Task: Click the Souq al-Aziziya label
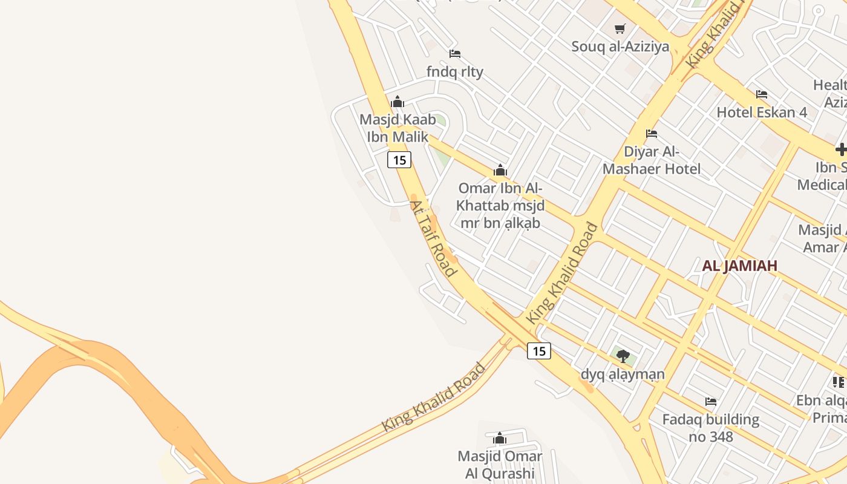pyautogui.click(x=620, y=47)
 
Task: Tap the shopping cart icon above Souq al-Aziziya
pyautogui.click(x=620, y=28)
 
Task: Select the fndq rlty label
pyautogui.click(x=455, y=71)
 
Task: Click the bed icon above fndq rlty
pyautogui.click(x=455, y=54)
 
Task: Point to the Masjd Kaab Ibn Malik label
pyautogui.click(x=397, y=128)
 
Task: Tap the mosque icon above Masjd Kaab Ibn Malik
pyautogui.click(x=397, y=102)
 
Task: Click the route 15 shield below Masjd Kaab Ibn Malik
pyautogui.click(x=399, y=160)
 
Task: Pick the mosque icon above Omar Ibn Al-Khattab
pyautogui.click(x=500, y=171)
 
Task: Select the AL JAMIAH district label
pyautogui.click(x=739, y=266)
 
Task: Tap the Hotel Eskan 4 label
pyautogui.click(x=762, y=112)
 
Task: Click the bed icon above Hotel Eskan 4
pyautogui.click(x=762, y=94)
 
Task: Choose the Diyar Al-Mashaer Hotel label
pyautogui.click(x=652, y=160)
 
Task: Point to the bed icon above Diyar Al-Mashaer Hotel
pyautogui.click(x=652, y=133)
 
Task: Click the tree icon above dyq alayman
pyautogui.click(x=623, y=356)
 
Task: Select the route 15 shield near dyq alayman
pyautogui.click(x=539, y=351)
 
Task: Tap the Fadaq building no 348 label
pyautogui.click(x=711, y=427)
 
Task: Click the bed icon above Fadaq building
pyautogui.click(x=711, y=402)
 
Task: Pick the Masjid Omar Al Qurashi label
pyautogui.click(x=500, y=464)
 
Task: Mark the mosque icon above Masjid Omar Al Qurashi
pyautogui.click(x=500, y=438)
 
